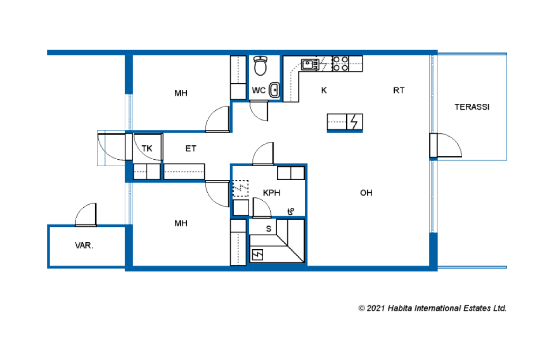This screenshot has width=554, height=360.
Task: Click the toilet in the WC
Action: point(261,66)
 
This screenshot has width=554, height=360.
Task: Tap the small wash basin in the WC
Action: point(274,90)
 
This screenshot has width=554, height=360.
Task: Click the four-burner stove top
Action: point(341,64)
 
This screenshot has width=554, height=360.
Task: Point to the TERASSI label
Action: point(472,107)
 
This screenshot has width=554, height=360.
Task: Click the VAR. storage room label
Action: point(84,245)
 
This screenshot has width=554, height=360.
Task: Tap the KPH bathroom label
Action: point(271,193)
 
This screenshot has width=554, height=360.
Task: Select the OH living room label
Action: point(366,193)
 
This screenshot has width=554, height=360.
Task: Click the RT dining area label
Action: point(399,90)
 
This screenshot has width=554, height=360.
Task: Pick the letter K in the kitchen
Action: point(324,90)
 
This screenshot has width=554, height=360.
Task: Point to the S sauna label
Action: point(269,229)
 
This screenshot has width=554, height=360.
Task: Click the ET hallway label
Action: point(191,148)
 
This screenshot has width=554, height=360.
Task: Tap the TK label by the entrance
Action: point(147,148)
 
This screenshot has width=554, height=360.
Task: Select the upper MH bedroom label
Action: point(181,93)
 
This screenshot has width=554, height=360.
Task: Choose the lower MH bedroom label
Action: point(181,223)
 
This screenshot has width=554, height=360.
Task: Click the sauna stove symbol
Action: point(258,255)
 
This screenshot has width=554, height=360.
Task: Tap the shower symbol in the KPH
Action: point(291,212)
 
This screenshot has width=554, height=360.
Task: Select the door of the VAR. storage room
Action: point(86,214)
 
